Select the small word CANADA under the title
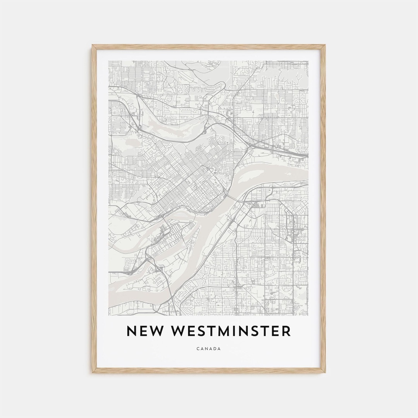(209, 349)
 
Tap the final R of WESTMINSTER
(286, 331)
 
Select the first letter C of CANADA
(198, 349)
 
